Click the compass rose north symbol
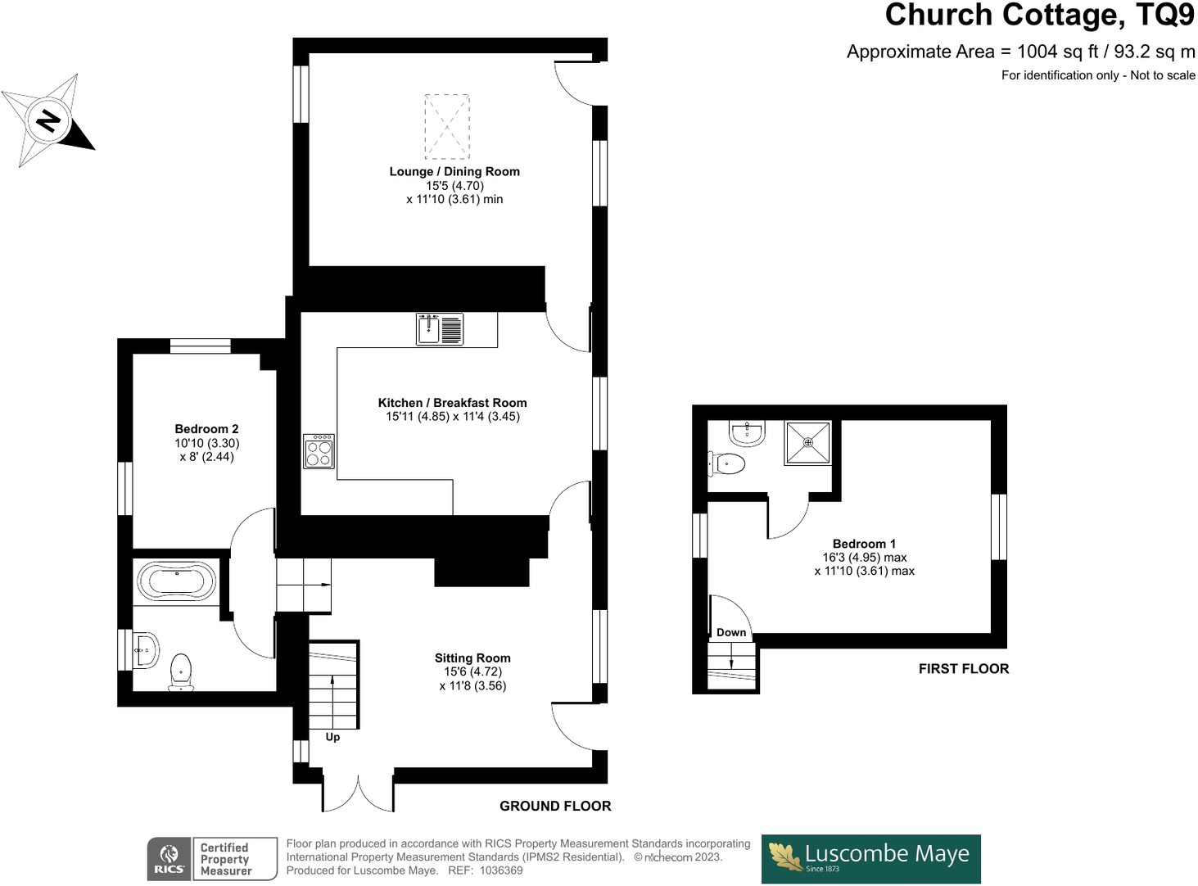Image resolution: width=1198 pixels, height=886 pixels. coord(48,120)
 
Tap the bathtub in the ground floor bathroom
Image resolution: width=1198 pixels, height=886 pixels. coord(176,582)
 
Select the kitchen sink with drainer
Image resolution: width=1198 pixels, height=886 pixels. coord(439,329)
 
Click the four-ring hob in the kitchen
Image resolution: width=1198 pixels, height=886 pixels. coord(319,451)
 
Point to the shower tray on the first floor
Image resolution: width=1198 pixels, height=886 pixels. coord(807,443)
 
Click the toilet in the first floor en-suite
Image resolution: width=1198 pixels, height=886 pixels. coord(727,464)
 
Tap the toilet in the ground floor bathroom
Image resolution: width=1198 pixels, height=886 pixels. coord(181,671)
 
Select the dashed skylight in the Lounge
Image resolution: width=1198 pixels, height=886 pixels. coord(447,126)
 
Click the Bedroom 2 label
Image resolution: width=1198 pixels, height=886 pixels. coord(206,429)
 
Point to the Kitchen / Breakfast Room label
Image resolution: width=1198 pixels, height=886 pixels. coord(452,403)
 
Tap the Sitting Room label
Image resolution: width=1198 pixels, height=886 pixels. coord(472,658)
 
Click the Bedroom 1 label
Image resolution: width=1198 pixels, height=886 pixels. coord(864,544)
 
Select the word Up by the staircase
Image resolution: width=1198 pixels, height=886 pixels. coord(332,737)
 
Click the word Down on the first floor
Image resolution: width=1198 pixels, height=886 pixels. coord(731,632)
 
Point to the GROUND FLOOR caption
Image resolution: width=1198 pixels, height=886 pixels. coord(555,807)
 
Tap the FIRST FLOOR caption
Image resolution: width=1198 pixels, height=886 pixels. coord(963,669)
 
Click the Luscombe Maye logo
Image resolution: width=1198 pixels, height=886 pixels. coord(870,858)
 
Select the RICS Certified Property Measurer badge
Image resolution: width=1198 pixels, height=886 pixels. coord(212,859)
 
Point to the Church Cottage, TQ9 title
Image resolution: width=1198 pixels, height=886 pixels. coord(1039,16)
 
